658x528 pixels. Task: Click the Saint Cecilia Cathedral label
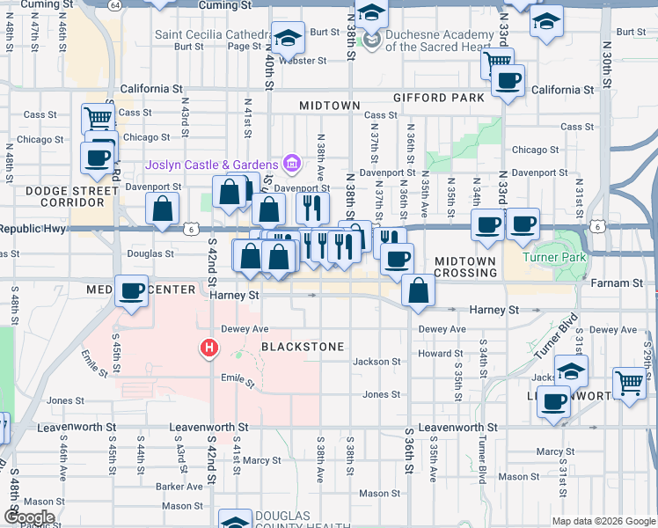coord(209,35)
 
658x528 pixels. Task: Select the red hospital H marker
coord(209,349)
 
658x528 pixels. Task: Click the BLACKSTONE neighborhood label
coord(302,347)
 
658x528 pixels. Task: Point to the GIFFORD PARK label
coord(440,97)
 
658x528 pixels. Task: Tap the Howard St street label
coord(435,354)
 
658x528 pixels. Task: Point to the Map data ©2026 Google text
coord(603,521)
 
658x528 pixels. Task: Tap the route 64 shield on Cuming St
coord(115,5)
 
